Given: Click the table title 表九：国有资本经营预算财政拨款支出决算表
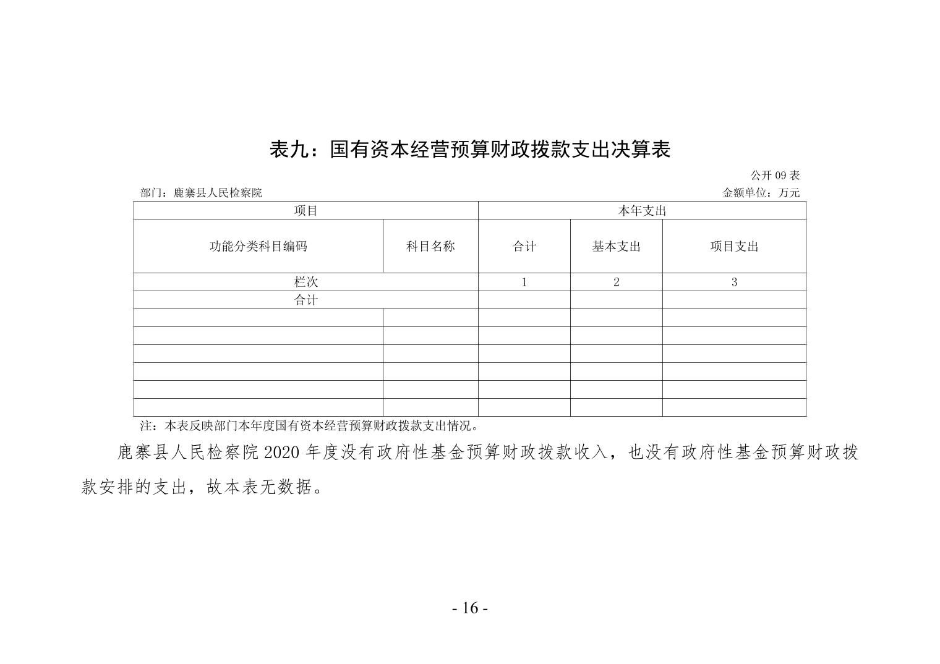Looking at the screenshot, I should click(x=470, y=150).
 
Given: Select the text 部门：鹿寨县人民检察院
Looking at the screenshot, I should click(x=201, y=193).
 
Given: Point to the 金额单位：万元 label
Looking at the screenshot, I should click(x=761, y=193).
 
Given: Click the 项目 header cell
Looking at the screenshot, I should click(x=305, y=211).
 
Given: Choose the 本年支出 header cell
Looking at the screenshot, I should click(x=642, y=211).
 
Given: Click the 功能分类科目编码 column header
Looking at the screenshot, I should click(x=258, y=246).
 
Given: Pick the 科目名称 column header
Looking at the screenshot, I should click(x=430, y=246).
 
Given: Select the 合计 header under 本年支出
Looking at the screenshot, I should click(x=524, y=246).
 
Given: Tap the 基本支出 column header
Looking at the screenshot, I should click(x=616, y=246).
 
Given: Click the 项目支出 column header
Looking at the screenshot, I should click(x=734, y=246).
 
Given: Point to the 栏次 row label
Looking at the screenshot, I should click(x=305, y=283).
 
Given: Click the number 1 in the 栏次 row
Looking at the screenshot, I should click(x=524, y=283).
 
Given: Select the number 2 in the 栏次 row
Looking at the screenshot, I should click(x=616, y=283).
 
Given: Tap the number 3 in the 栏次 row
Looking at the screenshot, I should click(x=734, y=283).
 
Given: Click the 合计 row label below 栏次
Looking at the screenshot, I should click(x=305, y=300).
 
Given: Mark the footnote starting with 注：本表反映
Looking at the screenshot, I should click(x=309, y=426).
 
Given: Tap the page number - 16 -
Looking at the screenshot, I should click(x=470, y=608).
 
